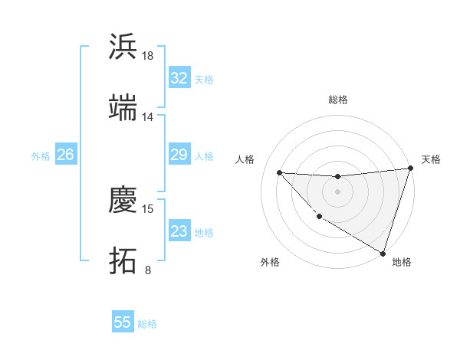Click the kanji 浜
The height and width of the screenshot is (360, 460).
123,47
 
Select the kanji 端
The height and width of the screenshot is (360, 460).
123,108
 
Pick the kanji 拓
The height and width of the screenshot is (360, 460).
123,260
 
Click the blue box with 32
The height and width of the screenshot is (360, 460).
179,78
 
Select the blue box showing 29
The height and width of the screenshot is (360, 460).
179,155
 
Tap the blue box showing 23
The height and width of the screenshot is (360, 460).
179,232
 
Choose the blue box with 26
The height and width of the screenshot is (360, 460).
65,155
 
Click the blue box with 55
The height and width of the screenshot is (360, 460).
123,322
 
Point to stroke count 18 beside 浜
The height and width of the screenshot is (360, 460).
148,56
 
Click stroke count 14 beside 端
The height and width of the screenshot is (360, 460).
148,117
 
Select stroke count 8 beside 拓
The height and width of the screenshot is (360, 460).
148,270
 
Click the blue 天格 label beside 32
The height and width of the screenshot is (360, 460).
203,79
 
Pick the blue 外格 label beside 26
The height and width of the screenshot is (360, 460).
41,156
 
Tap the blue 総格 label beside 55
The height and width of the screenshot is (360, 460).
147,323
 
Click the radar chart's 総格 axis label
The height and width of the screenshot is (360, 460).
338,100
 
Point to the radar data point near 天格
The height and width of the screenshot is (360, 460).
410,169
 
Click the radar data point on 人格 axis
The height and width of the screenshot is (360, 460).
279,172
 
